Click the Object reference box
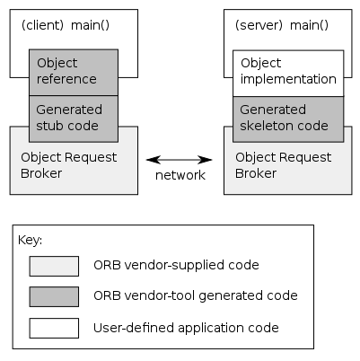point(74,72)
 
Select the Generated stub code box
point(74,119)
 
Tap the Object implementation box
point(287,72)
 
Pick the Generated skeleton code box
point(287,119)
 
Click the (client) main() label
point(65,25)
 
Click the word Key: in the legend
point(30,241)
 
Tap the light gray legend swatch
point(54,266)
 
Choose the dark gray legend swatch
point(54,295)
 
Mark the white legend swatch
point(54,327)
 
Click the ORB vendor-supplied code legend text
point(176,266)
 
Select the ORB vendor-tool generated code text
point(195,295)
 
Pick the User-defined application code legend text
point(186,328)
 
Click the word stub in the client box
point(51,126)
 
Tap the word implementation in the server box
point(288,79)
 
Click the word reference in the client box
point(66,79)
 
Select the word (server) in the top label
point(256,25)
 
